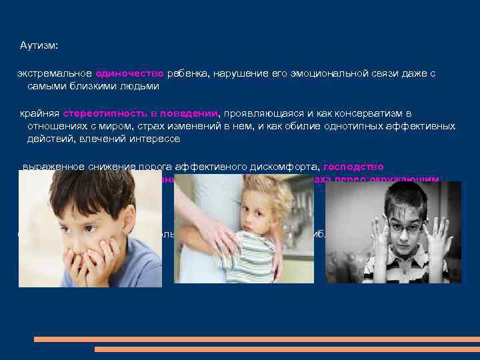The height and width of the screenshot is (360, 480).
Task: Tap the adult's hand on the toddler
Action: click(x=213, y=233)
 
